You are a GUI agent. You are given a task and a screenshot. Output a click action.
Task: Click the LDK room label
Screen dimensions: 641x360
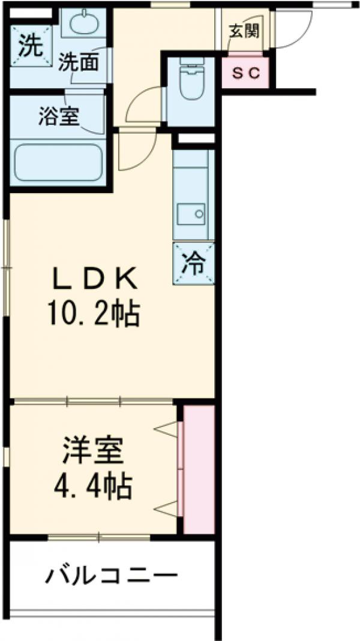pyautogui.click(x=97, y=278)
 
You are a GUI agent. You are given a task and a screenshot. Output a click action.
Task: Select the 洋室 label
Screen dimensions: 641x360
pyautogui.click(x=94, y=451)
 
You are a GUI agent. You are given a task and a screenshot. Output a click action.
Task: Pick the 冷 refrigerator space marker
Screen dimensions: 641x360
pyautogui.click(x=194, y=262)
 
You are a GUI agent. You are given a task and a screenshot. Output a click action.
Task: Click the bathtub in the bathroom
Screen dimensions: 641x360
pyautogui.click(x=58, y=161)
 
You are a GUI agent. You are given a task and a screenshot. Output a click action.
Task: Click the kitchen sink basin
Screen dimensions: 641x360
pyautogui.click(x=192, y=212)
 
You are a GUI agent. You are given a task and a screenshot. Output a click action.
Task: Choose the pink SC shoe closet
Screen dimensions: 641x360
pyautogui.click(x=246, y=74)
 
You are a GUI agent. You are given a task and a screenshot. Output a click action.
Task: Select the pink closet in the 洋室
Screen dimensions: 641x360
pyautogui.click(x=199, y=469)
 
